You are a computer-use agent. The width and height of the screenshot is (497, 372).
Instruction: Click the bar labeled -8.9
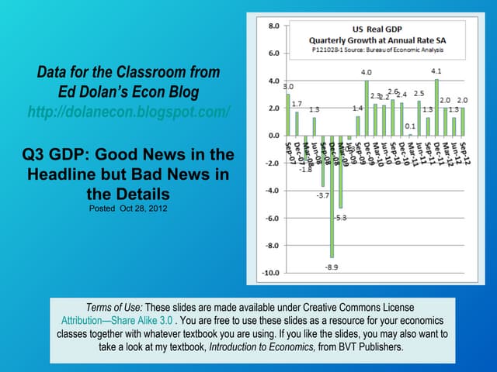click(332, 196)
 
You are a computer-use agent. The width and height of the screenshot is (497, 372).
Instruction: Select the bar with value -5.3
click(340, 172)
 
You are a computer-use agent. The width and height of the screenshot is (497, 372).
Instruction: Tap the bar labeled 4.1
click(436, 107)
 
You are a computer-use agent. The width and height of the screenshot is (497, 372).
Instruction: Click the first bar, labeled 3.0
click(288, 115)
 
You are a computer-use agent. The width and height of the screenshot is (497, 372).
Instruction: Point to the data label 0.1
click(410, 126)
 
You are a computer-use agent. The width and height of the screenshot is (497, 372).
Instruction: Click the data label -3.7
click(322, 195)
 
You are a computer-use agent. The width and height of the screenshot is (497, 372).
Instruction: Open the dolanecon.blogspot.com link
click(129, 112)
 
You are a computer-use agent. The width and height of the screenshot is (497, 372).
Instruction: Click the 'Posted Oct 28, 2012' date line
click(129, 208)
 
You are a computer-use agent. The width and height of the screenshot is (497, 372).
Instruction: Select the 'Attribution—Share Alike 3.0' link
click(117, 319)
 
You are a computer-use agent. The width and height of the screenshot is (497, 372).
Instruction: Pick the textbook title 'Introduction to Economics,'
click(260, 347)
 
